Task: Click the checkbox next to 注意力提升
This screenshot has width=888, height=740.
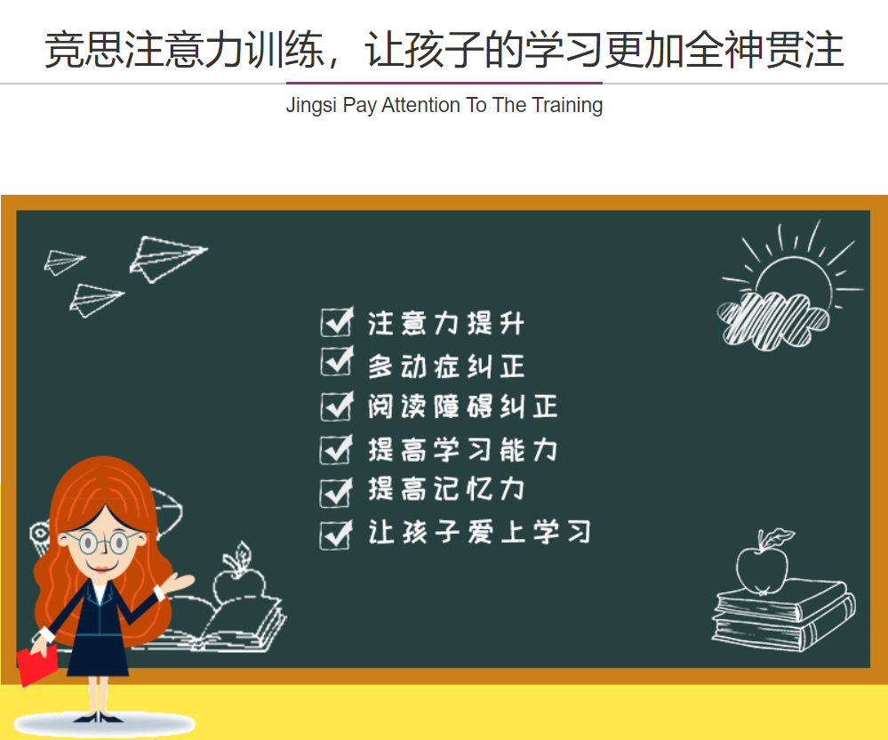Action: click(x=337, y=322)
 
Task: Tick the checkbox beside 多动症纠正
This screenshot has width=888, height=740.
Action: click(x=337, y=361)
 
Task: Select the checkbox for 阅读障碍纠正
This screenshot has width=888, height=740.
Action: click(x=337, y=406)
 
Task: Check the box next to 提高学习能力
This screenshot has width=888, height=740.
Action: click(x=337, y=450)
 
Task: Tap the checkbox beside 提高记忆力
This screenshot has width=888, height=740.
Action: click(x=337, y=492)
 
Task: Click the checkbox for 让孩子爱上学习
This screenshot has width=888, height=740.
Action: click(x=337, y=535)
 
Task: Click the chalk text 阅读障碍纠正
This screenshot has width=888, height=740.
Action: click(x=463, y=406)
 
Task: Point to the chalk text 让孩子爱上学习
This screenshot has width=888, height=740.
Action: click(x=479, y=533)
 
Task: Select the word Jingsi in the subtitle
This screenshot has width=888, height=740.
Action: click(x=311, y=106)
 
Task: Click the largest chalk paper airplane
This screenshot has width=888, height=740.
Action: click(x=168, y=259)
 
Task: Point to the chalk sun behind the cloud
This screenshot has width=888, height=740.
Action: click(x=793, y=265)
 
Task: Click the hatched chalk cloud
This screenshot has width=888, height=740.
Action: click(x=772, y=319)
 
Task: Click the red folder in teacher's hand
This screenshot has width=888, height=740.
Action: click(x=37, y=665)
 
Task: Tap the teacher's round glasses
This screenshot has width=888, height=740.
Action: click(x=105, y=543)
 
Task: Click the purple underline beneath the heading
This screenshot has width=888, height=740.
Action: click(x=444, y=83)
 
